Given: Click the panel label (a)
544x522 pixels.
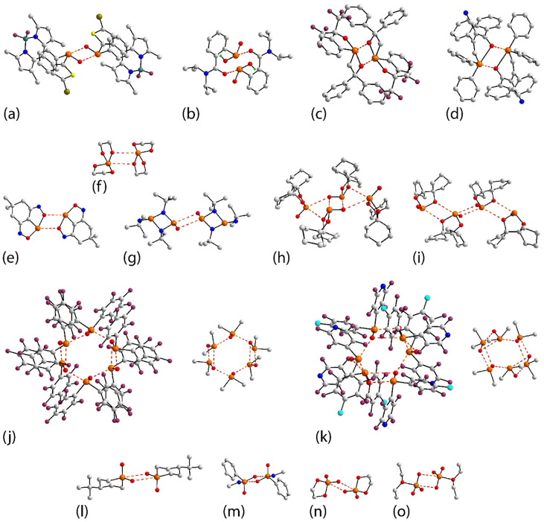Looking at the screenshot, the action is point(13,115).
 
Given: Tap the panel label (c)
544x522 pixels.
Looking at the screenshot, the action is point(321,115).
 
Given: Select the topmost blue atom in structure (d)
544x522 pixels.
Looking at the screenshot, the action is point(463,13).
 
